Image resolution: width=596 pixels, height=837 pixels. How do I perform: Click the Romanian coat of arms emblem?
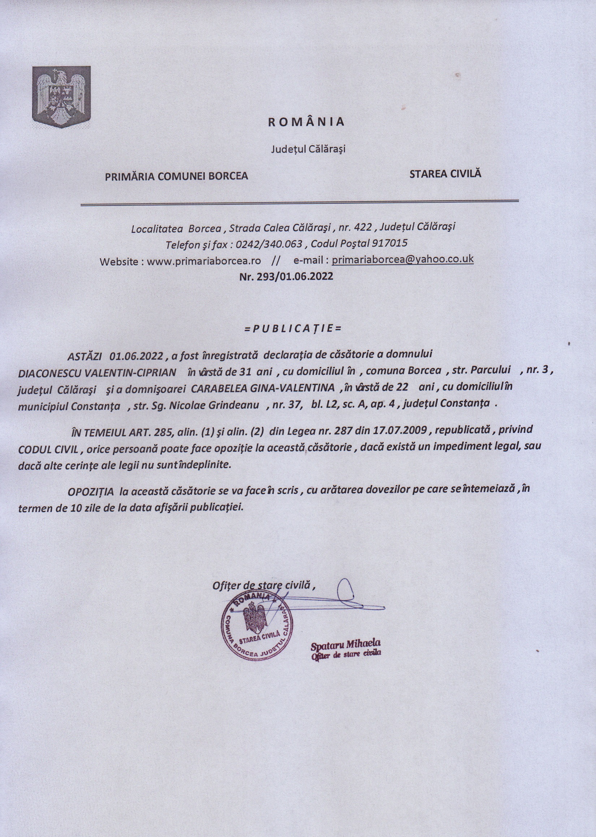tap(61, 97)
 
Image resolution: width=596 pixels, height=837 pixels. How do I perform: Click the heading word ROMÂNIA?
tap(306, 122)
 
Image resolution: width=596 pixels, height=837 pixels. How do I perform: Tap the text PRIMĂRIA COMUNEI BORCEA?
tap(177, 177)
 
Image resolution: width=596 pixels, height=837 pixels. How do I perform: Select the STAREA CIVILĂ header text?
tap(445, 173)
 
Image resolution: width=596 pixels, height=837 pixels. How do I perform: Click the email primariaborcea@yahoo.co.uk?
tap(403, 259)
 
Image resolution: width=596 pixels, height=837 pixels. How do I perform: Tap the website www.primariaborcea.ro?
tap(204, 261)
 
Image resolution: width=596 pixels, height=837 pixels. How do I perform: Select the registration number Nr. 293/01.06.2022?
tap(286, 276)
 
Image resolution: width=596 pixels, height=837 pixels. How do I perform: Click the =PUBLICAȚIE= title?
tap(293, 328)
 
